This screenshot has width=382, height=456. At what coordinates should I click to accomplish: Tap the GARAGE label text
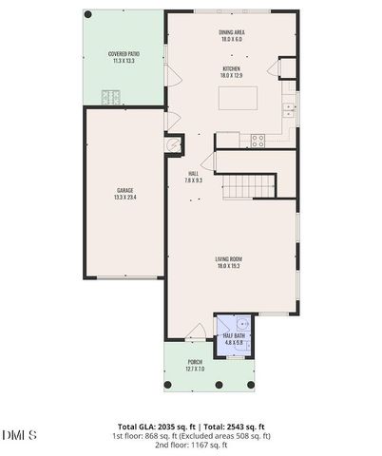[x=125, y=191]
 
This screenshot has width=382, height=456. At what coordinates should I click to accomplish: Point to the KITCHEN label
[x=231, y=69]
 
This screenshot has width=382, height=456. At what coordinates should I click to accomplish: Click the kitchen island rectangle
[x=241, y=99]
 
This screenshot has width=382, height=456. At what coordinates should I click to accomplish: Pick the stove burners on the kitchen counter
[x=255, y=140]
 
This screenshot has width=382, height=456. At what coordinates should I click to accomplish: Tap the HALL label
[x=193, y=173]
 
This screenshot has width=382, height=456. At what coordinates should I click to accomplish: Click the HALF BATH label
[x=234, y=335]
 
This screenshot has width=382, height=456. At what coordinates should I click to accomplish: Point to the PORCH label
[x=194, y=363]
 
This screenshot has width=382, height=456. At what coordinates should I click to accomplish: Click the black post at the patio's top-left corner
[x=88, y=14]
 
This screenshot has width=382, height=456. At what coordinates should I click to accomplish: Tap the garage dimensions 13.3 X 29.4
[x=125, y=198]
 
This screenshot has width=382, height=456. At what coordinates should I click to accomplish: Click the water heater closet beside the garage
[x=174, y=145]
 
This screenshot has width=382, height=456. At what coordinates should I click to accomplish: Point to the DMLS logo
[x=19, y=434]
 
